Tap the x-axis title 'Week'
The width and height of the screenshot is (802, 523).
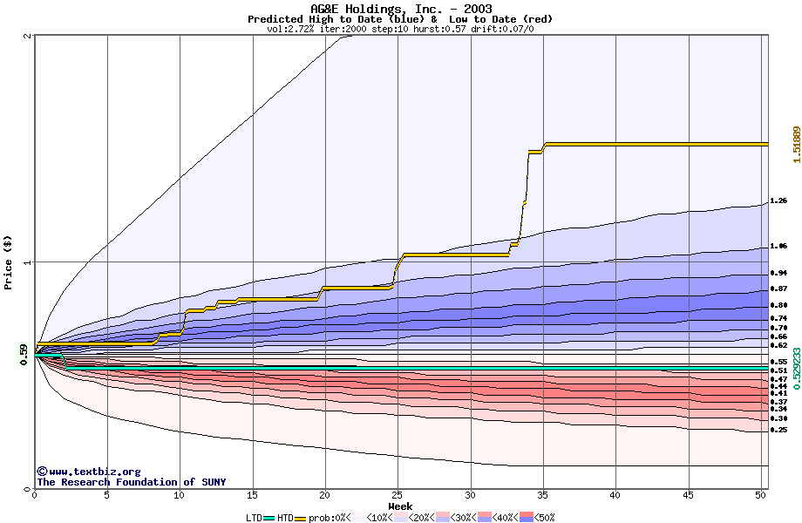(400, 506)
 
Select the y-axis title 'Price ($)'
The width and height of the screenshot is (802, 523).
(9, 262)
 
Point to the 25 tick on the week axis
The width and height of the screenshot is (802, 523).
(398, 495)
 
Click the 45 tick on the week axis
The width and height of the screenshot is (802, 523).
(688, 495)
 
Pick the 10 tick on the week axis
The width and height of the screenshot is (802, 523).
(180, 495)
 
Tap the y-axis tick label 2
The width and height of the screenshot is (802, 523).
(29, 37)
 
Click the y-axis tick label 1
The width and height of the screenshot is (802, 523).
(29, 262)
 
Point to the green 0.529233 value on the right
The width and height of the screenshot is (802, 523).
(796, 369)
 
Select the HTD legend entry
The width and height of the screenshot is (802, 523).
(285, 518)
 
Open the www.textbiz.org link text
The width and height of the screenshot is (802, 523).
(83, 472)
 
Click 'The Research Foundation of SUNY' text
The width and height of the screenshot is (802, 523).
(131, 482)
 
